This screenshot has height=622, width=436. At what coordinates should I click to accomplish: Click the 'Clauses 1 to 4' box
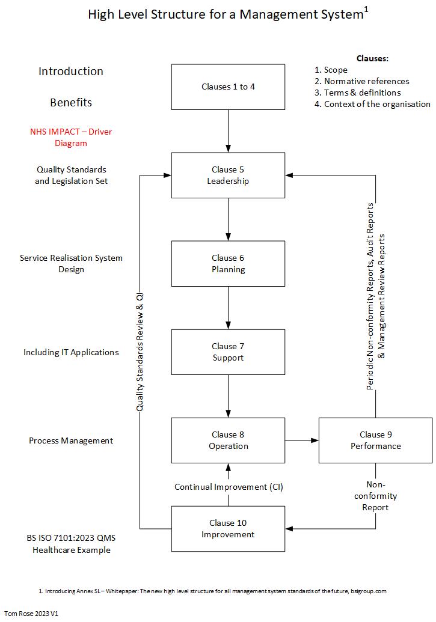click(x=228, y=87)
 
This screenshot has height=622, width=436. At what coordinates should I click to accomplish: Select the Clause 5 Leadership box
click(x=228, y=175)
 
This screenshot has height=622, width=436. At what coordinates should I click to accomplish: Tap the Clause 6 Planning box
click(x=228, y=264)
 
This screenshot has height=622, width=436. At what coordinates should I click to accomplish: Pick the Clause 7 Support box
click(x=228, y=352)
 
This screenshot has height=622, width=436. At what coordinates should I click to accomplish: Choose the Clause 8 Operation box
click(x=228, y=441)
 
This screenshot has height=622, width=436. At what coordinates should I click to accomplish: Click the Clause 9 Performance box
click(x=375, y=441)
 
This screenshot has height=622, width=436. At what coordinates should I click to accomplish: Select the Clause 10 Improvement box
click(x=228, y=529)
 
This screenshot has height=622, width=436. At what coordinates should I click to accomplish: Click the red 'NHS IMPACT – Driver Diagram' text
click(x=71, y=137)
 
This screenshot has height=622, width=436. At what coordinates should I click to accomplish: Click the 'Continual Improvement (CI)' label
click(x=229, y=487)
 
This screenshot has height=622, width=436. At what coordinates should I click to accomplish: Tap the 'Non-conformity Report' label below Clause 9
click(x=375, y=496)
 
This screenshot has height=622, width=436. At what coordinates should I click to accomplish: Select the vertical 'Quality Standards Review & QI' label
click(x=140, y=352)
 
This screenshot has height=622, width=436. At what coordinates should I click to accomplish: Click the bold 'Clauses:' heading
click(x=372, y=58)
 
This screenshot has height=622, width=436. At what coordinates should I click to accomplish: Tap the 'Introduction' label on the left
click(x=71, y=71)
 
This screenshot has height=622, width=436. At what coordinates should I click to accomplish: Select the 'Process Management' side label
click(x=71, y=441)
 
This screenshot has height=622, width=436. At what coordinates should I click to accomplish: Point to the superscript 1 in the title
click(x=366, y=9)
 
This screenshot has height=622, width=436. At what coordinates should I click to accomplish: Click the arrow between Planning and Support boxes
click(x=228, y=308)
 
